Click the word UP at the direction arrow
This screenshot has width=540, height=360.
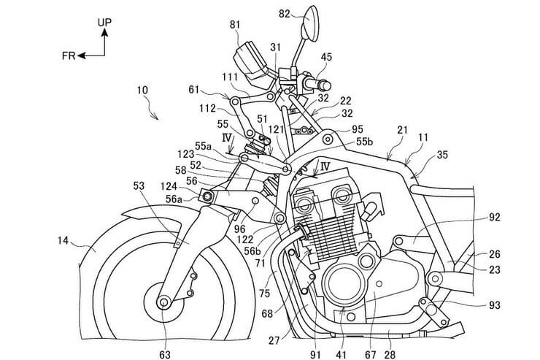[x=105, y=24]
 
